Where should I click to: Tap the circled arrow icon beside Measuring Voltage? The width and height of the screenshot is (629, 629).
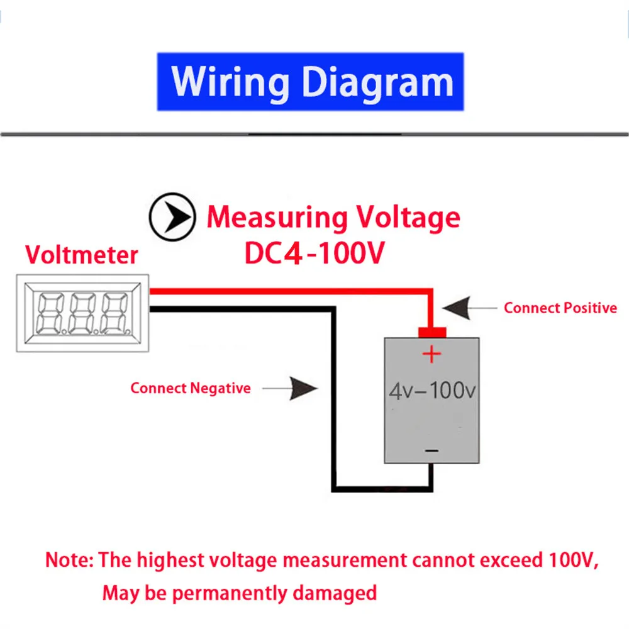click(x=172, y=216)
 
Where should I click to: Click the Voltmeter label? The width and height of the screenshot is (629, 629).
click(x=81, y=255)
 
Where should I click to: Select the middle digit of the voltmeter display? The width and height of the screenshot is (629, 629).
click(x=84, y=312)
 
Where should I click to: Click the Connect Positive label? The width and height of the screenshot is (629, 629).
click(x=560, y=308)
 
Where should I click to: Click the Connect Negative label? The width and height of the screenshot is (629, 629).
click(x=190, y=388)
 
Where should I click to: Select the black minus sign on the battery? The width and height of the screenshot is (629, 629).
click(x=431, y=450)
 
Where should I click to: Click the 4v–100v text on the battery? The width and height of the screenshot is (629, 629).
click(x=431, y=391)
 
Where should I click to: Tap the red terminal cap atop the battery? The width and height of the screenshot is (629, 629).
click(x=431, y=332)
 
